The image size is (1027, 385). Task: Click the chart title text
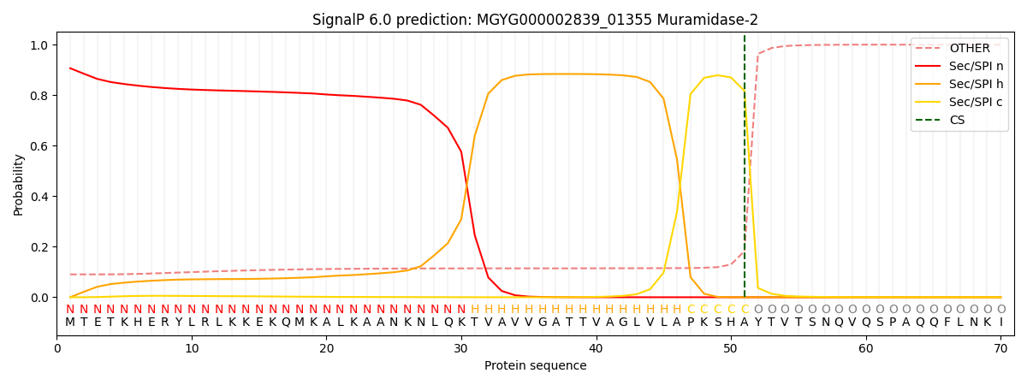(x=535, y=20)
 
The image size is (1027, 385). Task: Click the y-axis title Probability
(x=19, y=184)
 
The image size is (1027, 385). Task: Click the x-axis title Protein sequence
(x=536, y=366)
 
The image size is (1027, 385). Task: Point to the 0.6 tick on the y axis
(x=40, y=146)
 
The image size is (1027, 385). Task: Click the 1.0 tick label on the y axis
(x=40, y=45)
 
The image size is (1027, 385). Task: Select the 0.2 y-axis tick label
(x=40, y=247)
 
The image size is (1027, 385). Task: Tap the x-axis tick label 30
(x=461, y=348)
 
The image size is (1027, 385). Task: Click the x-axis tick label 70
(x=1000, y=348)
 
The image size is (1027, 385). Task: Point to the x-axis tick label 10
(x=192, y=348)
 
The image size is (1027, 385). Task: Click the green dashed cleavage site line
(x=745, y=171)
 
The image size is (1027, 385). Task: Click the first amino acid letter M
(x=70, y=323)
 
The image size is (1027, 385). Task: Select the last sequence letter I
(x=1000, y=323)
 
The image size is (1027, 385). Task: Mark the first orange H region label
(x=475, y=310)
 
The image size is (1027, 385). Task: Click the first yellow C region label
(x=691, y=310)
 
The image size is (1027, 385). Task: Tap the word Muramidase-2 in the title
(x=717, y=20)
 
